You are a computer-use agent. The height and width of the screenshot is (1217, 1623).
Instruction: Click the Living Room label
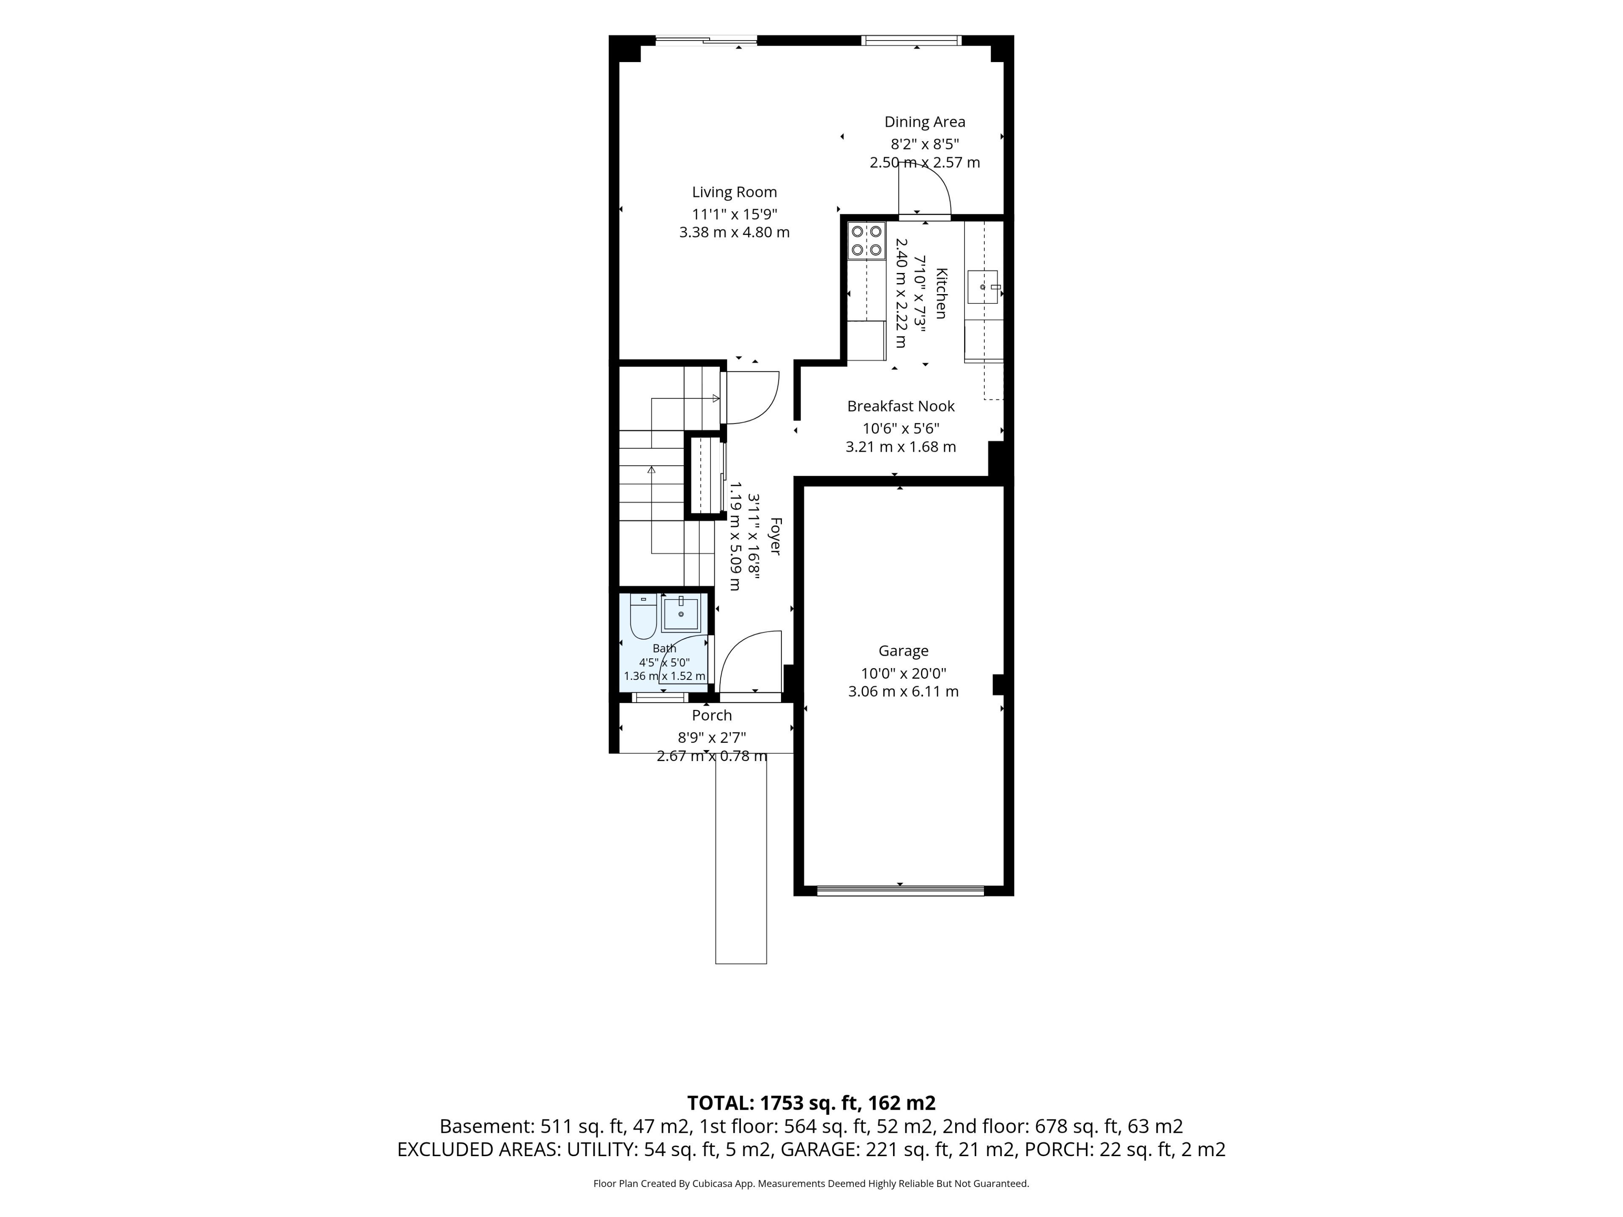(x=735, y=192)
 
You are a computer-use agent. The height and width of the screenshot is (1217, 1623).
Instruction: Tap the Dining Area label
(x=924, y=122)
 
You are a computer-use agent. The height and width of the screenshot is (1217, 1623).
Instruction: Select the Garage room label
(x=903, y=651)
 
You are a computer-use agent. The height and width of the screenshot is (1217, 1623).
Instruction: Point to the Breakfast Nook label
(x=901, y=406)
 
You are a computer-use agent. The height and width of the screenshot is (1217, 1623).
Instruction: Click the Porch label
(x=712, y=715)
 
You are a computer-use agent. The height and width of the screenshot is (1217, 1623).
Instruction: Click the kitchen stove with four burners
(x=866, y=240)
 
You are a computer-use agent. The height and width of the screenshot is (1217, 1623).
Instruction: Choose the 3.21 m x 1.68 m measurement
(x=901, y=447)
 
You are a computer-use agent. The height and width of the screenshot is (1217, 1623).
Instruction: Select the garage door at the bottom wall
(x=900, y=890)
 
